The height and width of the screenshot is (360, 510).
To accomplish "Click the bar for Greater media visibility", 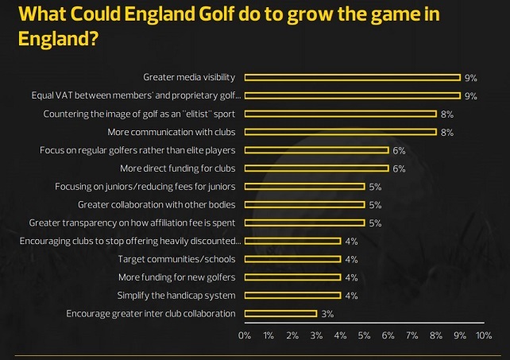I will [352, 77].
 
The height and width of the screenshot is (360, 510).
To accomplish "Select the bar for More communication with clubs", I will [340, 132].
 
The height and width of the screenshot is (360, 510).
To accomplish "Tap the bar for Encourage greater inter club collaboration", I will [280, 314].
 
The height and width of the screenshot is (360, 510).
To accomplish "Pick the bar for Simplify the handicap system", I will [292, 296].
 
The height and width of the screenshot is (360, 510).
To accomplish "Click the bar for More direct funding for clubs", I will [316, 168].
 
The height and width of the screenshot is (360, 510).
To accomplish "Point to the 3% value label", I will [327, 315].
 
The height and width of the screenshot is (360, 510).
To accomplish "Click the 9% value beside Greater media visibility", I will [470, 78].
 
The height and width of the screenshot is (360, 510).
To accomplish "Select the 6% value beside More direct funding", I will [399, 168].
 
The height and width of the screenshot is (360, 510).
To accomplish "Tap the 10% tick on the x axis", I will [484, 336].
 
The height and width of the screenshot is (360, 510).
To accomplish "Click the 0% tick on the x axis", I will [245, 336].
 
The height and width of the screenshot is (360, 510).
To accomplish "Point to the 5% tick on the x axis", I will [364, 336].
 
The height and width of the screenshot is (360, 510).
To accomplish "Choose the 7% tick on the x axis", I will [411, 336].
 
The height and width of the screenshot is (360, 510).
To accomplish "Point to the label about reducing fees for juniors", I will [145, 187].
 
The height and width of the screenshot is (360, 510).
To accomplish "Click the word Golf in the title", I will [218, 14].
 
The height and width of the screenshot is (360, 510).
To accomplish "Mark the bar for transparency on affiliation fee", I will [304, 223].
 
